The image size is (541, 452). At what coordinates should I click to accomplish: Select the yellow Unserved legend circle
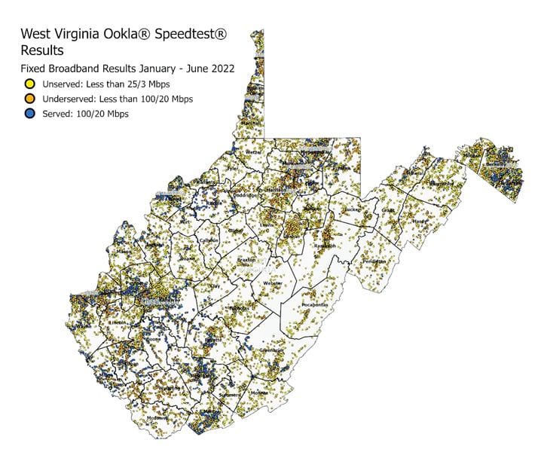click(29, 84)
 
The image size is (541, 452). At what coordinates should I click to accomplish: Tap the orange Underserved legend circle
click(29, 99)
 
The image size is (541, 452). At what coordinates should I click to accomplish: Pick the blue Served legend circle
click(29, 114)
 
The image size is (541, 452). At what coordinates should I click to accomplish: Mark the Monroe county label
click(258, 393)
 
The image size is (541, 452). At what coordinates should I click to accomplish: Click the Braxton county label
click(247, 261)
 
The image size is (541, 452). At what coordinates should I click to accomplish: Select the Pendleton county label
click(374, 261)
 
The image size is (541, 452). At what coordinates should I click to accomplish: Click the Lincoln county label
click(118, 321)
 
